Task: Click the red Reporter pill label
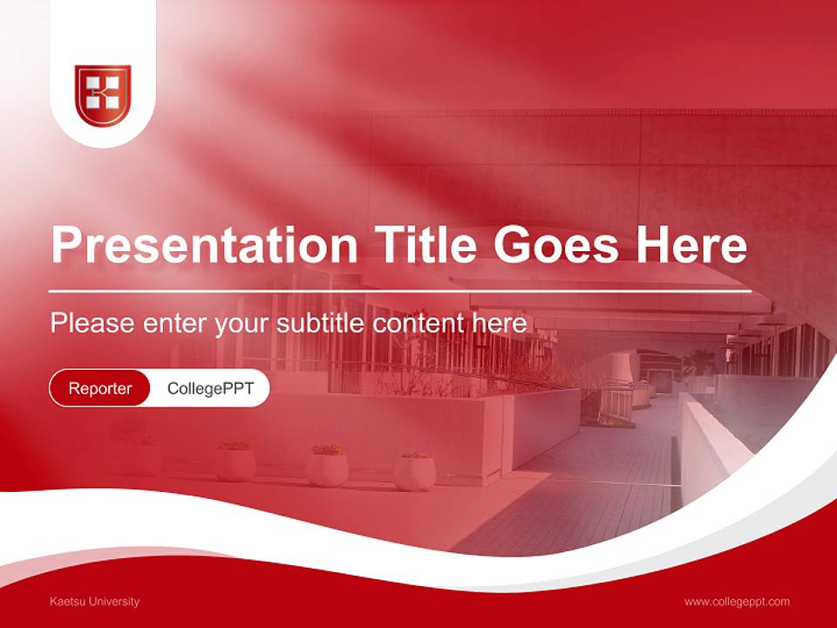[99, 388]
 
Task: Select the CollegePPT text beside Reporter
[210, 388]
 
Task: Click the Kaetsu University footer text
[94, 602]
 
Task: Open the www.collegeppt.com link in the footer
[737, 602]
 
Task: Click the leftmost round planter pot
[235, 461]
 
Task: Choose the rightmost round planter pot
[414, 471]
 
